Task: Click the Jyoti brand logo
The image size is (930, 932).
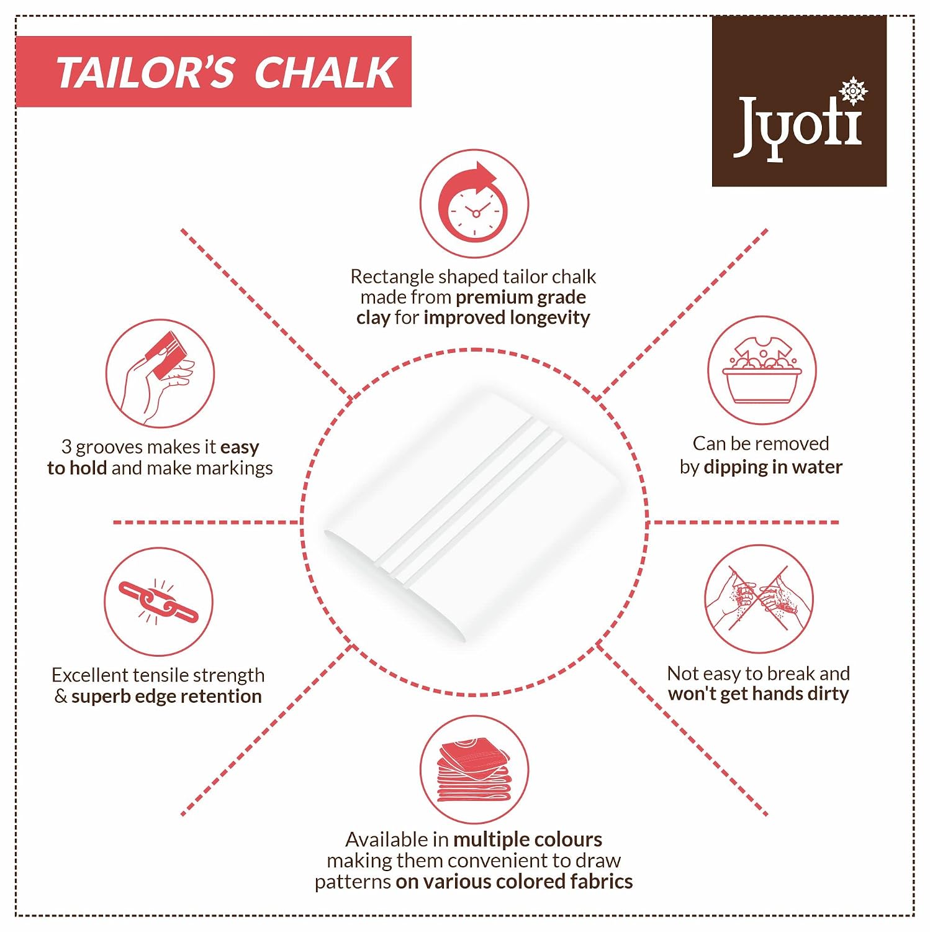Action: (799, 101)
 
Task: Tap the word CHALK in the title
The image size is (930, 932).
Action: (325, 73)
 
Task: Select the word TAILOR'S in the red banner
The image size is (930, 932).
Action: (145, 73)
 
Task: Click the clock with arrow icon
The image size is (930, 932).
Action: (474, 203)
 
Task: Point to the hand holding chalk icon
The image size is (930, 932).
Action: (160, 373)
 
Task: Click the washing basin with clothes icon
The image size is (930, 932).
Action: (762, 370)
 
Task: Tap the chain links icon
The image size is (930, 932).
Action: (158, 601)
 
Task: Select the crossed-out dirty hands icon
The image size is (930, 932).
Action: (759, 599)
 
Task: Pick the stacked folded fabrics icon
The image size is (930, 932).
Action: (474, 770)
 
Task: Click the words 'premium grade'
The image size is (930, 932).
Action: (521, 298)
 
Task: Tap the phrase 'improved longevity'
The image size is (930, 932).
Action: (507, 318)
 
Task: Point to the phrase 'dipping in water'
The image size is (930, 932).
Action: (773, 467)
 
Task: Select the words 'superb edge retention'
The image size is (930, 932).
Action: (166, 696)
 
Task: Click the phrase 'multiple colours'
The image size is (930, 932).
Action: (528, 839)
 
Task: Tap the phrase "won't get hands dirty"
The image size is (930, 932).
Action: (759, 693)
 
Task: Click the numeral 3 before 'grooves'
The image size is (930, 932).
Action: (66, 447)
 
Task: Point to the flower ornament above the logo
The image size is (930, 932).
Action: (853, 91)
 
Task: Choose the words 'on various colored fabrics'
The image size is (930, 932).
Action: (514, 882)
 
